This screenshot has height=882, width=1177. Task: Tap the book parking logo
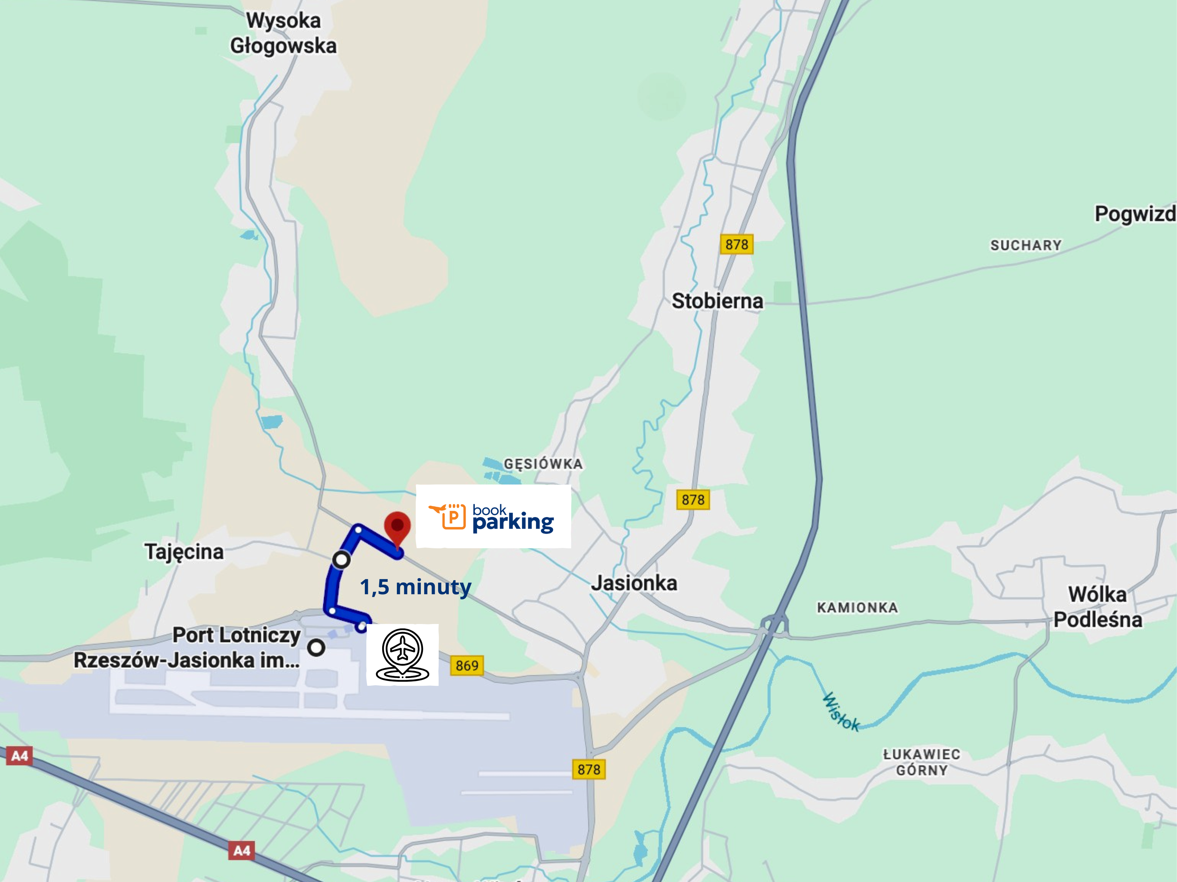(x=493, y=517)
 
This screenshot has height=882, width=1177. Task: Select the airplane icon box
(x=402, y=655)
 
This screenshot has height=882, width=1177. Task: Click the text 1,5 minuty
(x=416, y=587)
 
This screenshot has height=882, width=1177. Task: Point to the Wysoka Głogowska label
(x=283, y=33)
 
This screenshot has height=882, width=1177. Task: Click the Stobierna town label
(x=717, y=301)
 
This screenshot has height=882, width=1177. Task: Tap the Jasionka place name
(x=634, y=583)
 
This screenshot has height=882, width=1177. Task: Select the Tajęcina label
(x=184, y=552)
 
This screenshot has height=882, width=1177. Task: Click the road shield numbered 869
(x=467, y=665)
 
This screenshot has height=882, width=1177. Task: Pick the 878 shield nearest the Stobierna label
(x=736, y=244)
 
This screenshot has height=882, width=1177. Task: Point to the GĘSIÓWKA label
(x=543, y=463)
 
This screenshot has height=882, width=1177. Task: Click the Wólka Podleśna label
(x=1097, y=607)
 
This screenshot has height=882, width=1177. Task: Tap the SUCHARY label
(x=1025, y=245)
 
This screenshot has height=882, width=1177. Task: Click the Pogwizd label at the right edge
(x=1134, y=214)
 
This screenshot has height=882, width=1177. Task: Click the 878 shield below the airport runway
(x=588, y=769)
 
